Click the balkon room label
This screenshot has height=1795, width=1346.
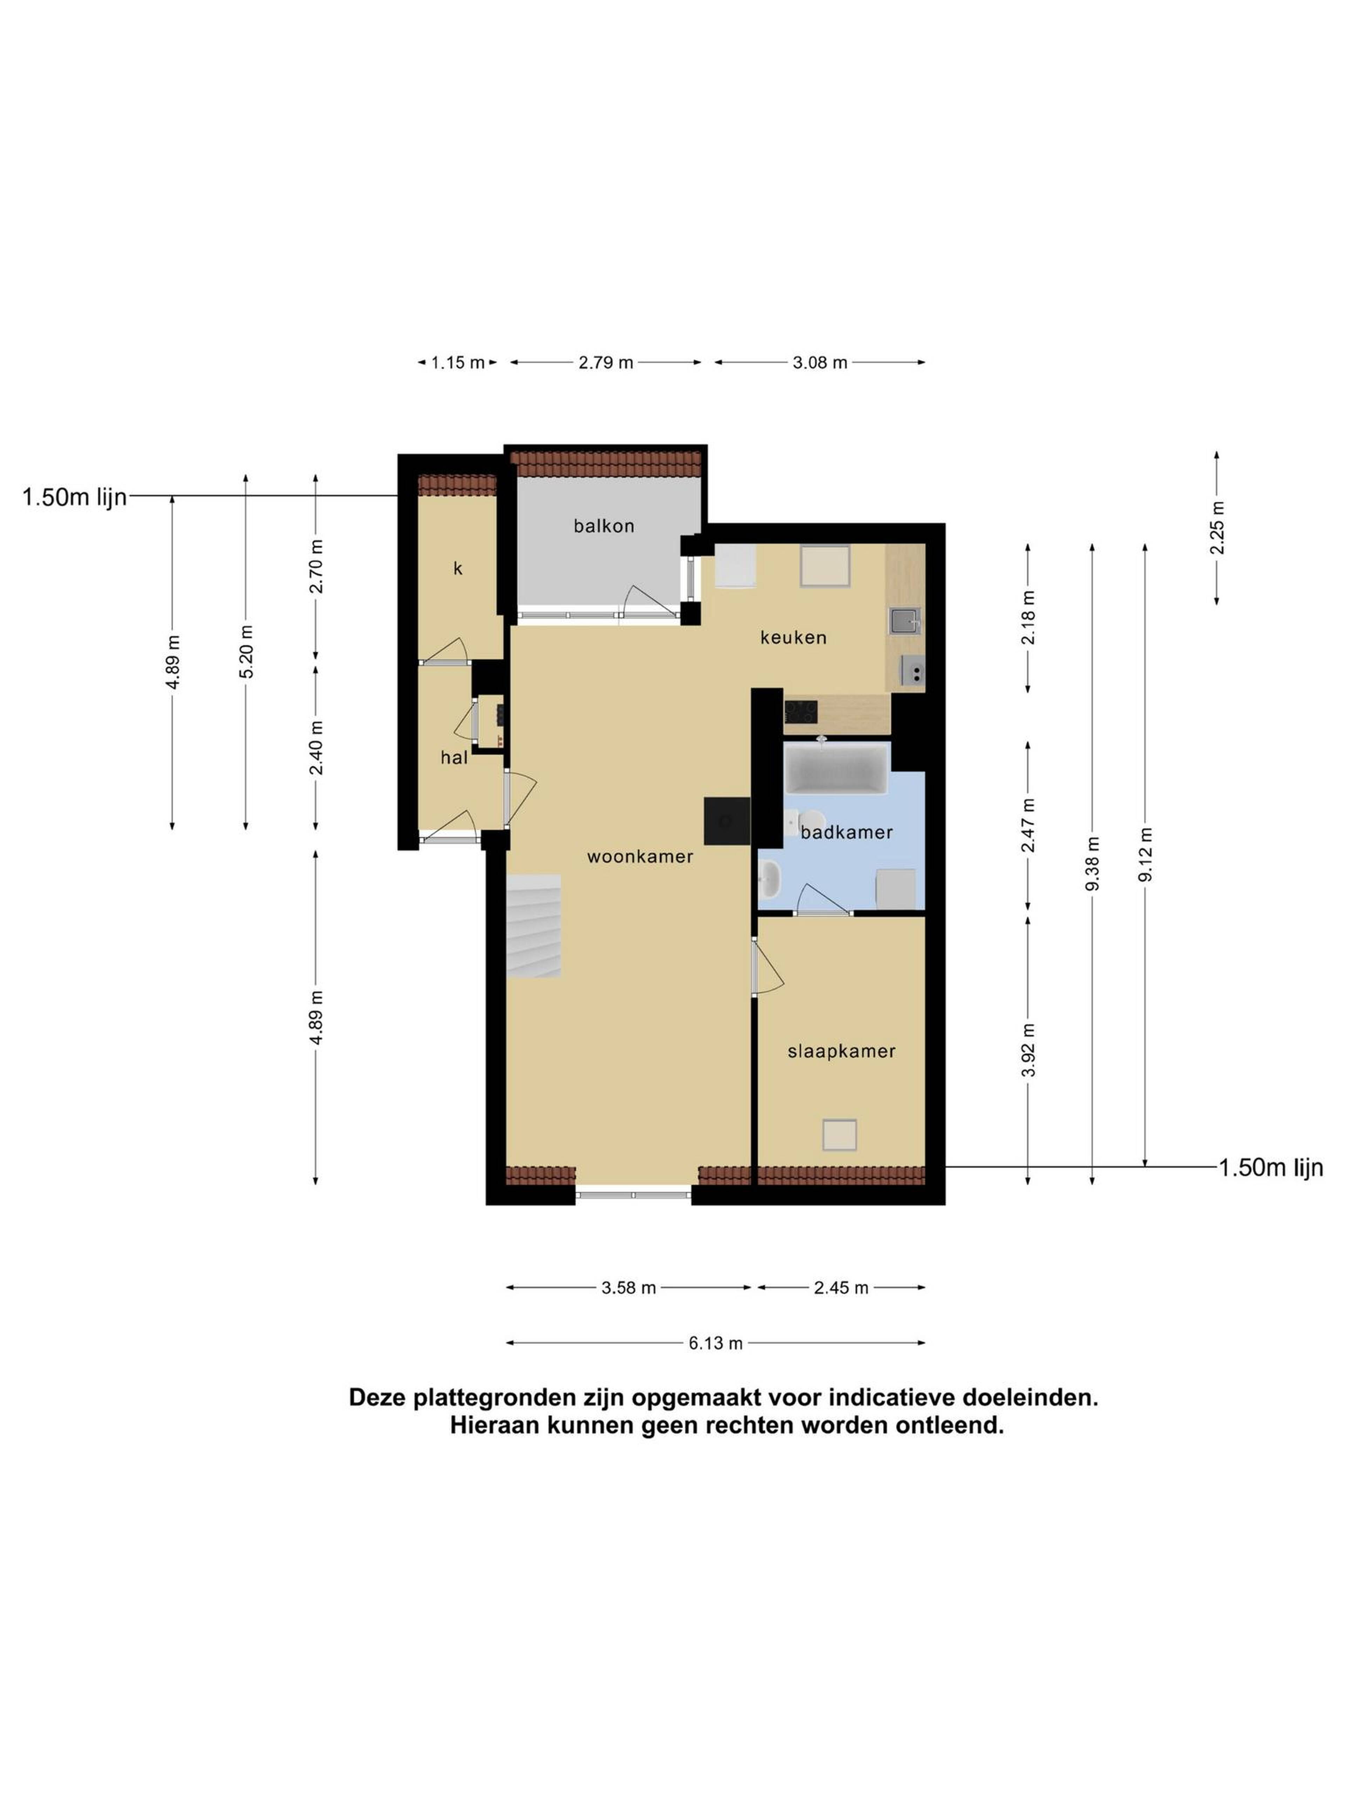604,526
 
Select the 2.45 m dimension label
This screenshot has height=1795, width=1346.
841,1288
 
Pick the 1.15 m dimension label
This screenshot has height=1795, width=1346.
457,363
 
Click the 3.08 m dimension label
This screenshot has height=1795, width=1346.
820,363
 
